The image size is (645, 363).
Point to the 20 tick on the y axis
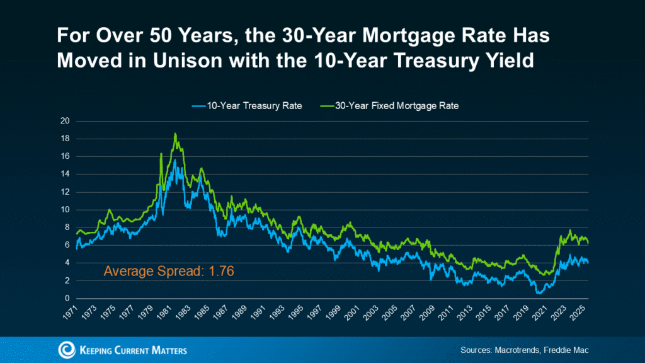click(64, 121)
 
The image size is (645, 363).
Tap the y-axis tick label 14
click(64, 174)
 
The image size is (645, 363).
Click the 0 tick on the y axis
click(66, 299)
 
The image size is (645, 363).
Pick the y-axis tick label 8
click(66, 228)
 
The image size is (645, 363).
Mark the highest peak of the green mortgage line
click(175, 134)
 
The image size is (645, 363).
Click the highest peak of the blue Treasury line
click(174, 160)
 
